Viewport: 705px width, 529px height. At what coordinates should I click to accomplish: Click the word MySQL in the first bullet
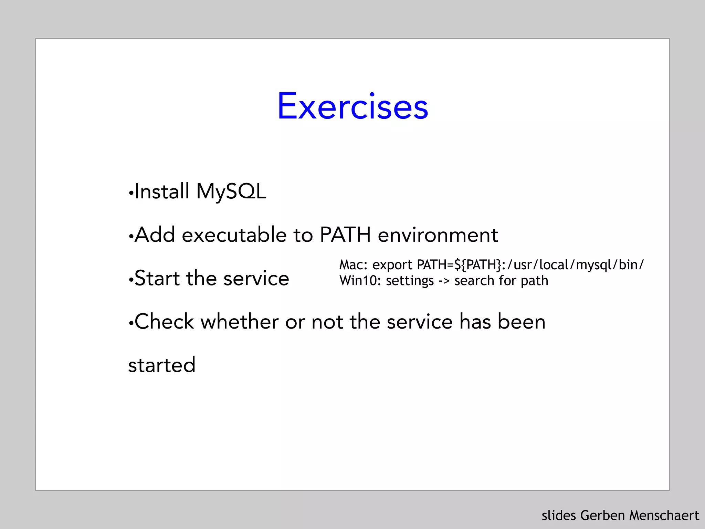pyautogui.click(x=231, y=191)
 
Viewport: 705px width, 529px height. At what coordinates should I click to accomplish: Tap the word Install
pyautogui.click(x=162, y=191)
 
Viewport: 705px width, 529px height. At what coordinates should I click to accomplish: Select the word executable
pyautogui.click(x=234, y=235)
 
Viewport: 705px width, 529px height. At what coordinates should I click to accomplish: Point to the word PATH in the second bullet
pyautogui.click(x=345, y=235)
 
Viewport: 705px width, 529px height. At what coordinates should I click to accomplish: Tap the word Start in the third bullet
pyautogui.click(x=157, y=278)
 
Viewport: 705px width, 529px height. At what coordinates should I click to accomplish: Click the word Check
pyautogui.click(x=164, y=322)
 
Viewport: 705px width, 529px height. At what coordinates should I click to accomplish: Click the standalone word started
pyautogui.click(x=162, y=365)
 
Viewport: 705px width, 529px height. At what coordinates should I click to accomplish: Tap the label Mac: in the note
pyautogui.click(x=354, y=265)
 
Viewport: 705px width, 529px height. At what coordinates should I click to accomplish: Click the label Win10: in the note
pyautogui.click(x=360, y=281)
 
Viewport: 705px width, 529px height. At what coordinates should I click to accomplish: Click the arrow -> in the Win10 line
pyautogui.click(x=444, y=281)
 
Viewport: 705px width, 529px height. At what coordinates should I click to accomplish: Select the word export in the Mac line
pyautogui.click(x=392, y=265)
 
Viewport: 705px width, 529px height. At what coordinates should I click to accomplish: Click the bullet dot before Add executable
pyautogui.click(x=131, y=237)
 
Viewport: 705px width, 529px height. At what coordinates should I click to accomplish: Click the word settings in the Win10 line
pyautogui.click(x=410, y=281)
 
